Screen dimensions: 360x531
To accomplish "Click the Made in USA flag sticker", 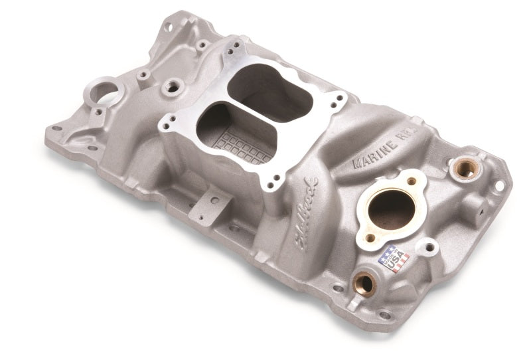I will pos(393,258).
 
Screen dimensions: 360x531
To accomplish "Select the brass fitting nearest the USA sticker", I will pos(363,284).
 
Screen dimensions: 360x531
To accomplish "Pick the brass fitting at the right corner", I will pos(465,169).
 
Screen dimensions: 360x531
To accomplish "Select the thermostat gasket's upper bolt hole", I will pos(412,181).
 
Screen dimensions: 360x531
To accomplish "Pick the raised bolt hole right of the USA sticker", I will pos(429,248).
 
